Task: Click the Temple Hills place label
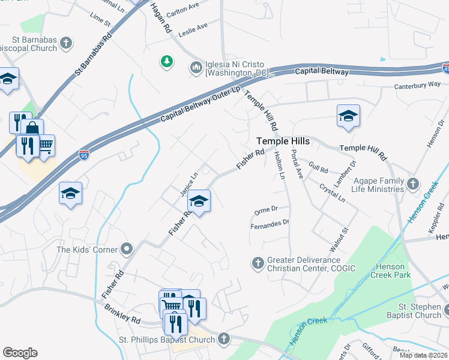click(283, 141)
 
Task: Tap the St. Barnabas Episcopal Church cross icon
click(66, 43)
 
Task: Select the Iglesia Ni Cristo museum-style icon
click(196, 67)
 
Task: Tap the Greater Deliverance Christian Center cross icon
click(258, 263)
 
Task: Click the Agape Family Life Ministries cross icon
click(412, 184)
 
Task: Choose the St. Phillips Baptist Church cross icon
click(224, 340)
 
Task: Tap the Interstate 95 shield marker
click(84, 155)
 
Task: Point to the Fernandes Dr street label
click(270, 224)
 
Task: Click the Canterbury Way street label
click(417, 86)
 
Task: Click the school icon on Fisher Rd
click(199, 200)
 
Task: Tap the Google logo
click(20, 353)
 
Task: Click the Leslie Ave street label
click(193, 28)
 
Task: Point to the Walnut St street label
click(339, 238)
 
